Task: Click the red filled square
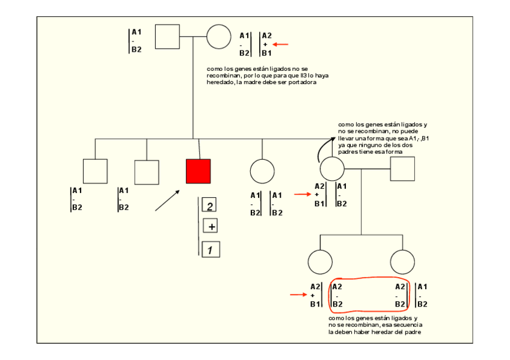(198, 171)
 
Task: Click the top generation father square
(167, 37)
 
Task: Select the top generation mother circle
(219, 37)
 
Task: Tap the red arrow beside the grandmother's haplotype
(281, 44)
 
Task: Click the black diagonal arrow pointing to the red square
(167, 200)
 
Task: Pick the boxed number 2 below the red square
(209, 207)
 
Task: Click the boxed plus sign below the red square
(210, 227)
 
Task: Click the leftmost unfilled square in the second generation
(95, 171)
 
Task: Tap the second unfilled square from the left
(147, 172)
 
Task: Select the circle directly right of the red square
(262, 171)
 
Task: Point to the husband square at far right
(402, 169)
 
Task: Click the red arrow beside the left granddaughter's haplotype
(298, 295)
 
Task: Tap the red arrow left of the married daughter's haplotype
(302, 195)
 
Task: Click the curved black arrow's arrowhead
(333, 139)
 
